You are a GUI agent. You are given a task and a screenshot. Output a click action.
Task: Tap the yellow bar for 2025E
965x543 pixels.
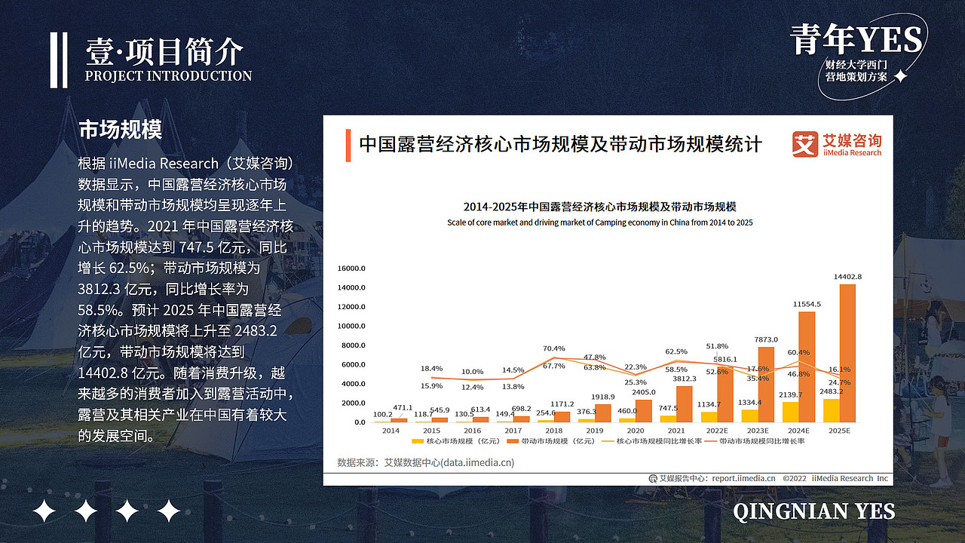click(x=831, y=410)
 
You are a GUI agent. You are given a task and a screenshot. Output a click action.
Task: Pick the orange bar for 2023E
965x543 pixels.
click(x=766, y=385)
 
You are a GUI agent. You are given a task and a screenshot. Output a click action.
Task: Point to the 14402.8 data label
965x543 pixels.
click(x=847, y=277)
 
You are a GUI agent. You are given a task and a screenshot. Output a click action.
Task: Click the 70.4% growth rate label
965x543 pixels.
click(x=554, y=348)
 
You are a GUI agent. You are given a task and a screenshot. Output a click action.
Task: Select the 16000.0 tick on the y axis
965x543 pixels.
click(x=351, y=268)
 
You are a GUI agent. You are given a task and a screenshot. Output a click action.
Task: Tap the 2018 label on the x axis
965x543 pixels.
click(x=554, y=431)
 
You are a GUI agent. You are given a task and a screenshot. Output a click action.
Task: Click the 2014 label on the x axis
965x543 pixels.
click(x=391, y=431)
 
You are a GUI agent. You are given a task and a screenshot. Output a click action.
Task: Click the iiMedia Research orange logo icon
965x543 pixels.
click(x=804, y=144)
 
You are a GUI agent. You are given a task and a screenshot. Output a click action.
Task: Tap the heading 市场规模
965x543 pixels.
click(x=120, y=130)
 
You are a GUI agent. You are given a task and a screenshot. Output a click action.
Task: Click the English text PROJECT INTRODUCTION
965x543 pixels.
click(x=168, y=76)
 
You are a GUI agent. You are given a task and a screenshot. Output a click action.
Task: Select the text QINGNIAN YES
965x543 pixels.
click(x=813, y=511)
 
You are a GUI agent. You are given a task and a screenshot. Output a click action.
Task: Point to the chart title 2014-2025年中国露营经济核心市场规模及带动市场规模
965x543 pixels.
click(x=599, y=207)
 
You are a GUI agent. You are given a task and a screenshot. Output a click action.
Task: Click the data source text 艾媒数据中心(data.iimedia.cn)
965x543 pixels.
click(x=449, y=462)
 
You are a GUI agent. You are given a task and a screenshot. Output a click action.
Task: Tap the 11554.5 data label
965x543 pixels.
click(x=807, y=304)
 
